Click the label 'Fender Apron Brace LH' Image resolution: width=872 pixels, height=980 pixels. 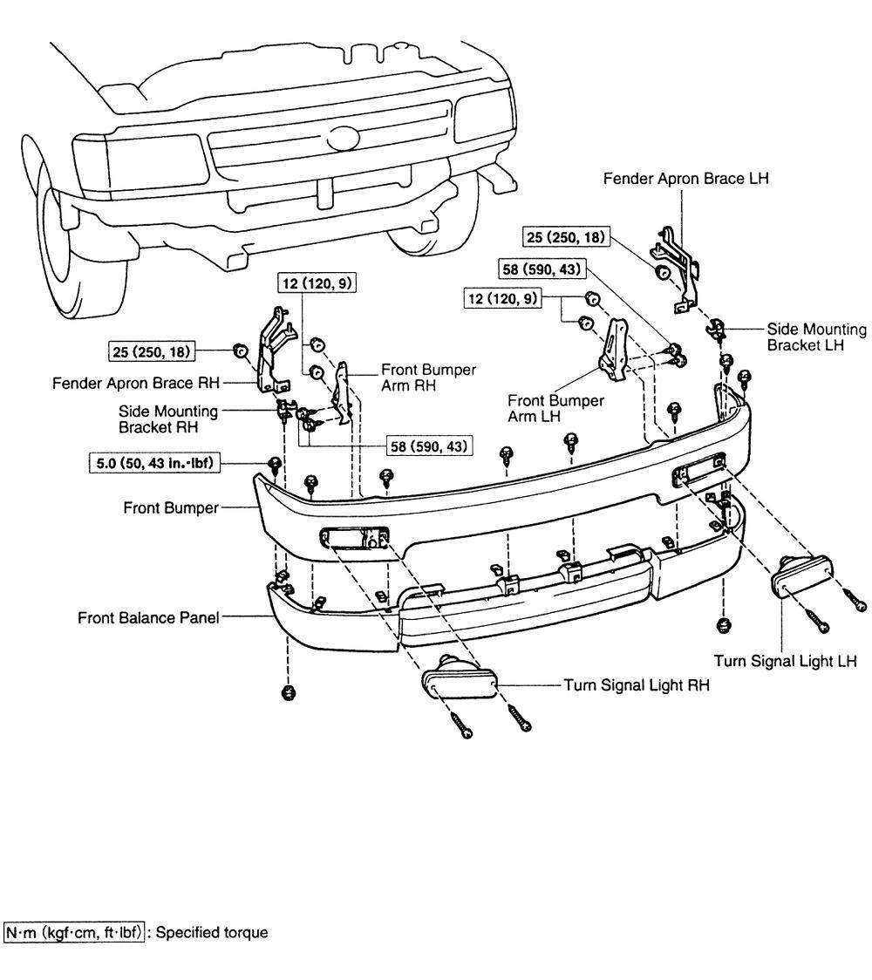tap(685, 179)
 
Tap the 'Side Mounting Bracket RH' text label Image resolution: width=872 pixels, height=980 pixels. tap(169, 419)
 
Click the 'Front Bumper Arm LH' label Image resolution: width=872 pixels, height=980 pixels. tap(555, 408)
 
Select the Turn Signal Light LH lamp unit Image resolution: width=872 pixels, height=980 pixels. tap(800, 576)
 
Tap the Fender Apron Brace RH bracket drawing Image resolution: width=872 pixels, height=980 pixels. tap(273, 353)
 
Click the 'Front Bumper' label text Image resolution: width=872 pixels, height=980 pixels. tap(171, 507)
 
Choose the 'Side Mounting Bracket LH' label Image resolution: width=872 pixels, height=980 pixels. tap(816, 337)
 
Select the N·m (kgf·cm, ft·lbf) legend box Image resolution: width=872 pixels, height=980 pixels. tap(74, 933)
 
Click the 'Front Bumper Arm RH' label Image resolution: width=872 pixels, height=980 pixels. tap(428, 378)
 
